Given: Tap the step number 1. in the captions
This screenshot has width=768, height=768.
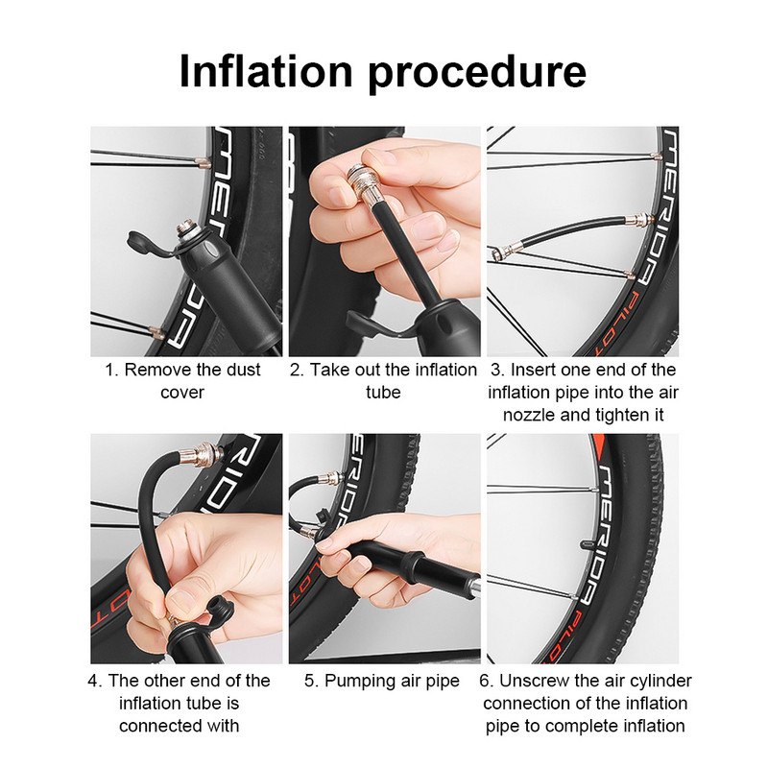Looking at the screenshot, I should (111, 370).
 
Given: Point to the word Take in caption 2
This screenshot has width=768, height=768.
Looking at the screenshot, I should (331, 370).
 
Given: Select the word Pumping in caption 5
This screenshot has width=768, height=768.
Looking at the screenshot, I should (365, 681).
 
